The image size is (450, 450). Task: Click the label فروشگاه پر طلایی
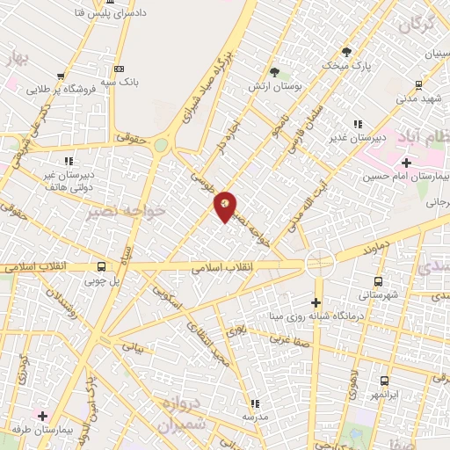click(60, 89)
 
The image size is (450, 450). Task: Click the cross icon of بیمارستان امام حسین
click(406, 162)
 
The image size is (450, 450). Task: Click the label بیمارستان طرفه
click(42, 429)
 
